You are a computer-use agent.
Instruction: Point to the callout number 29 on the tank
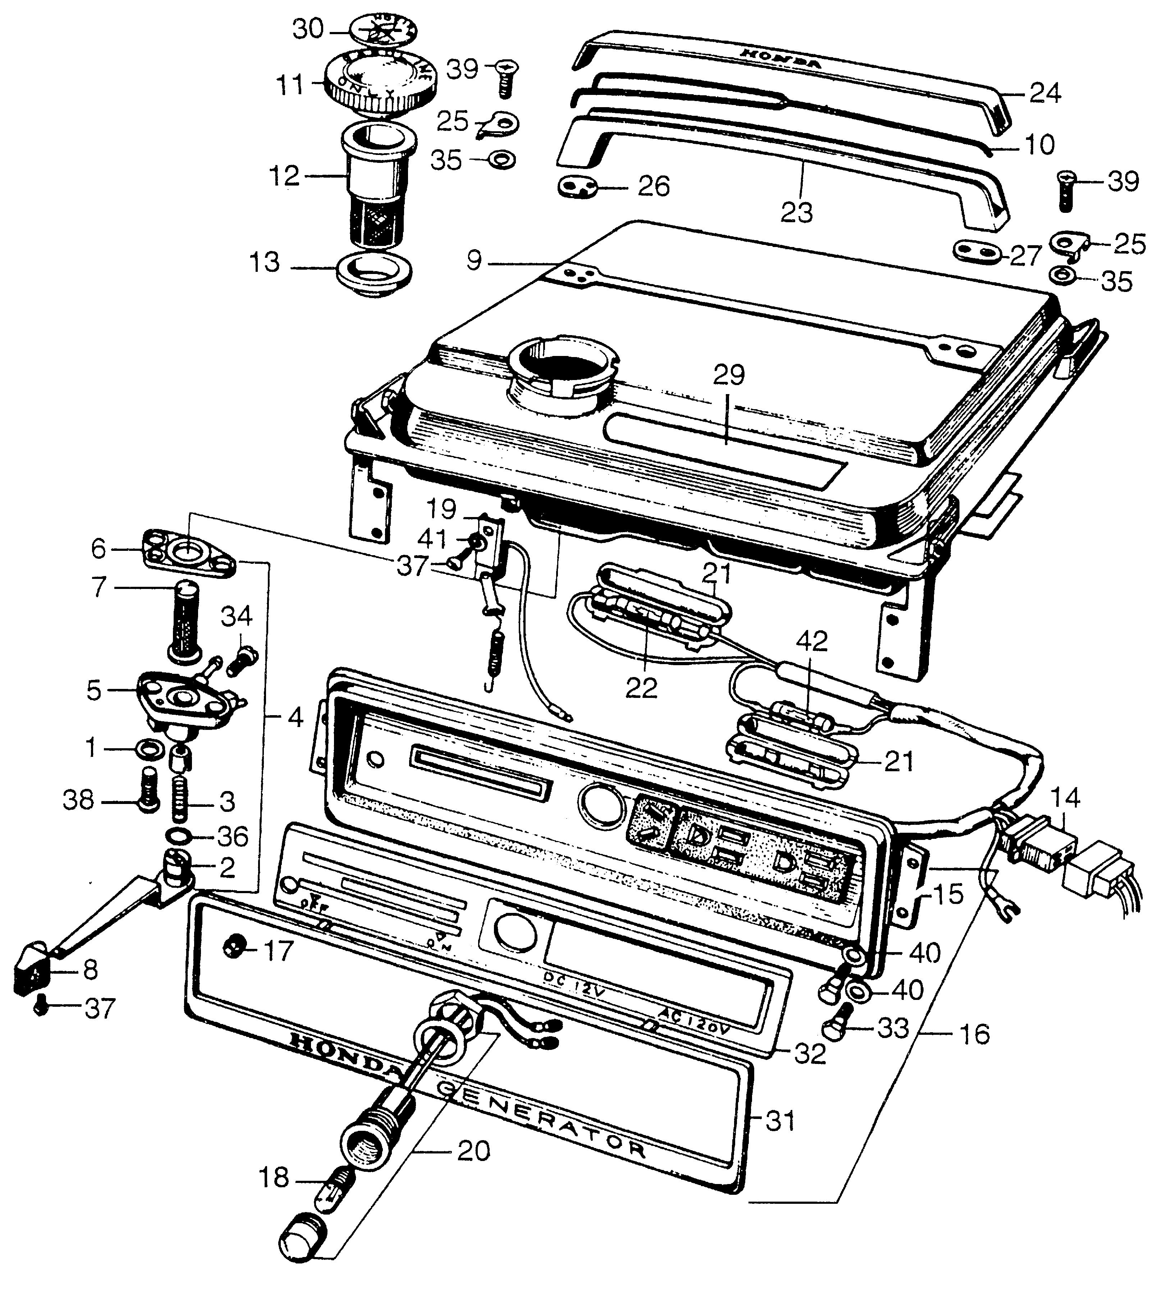click(729, 375)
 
